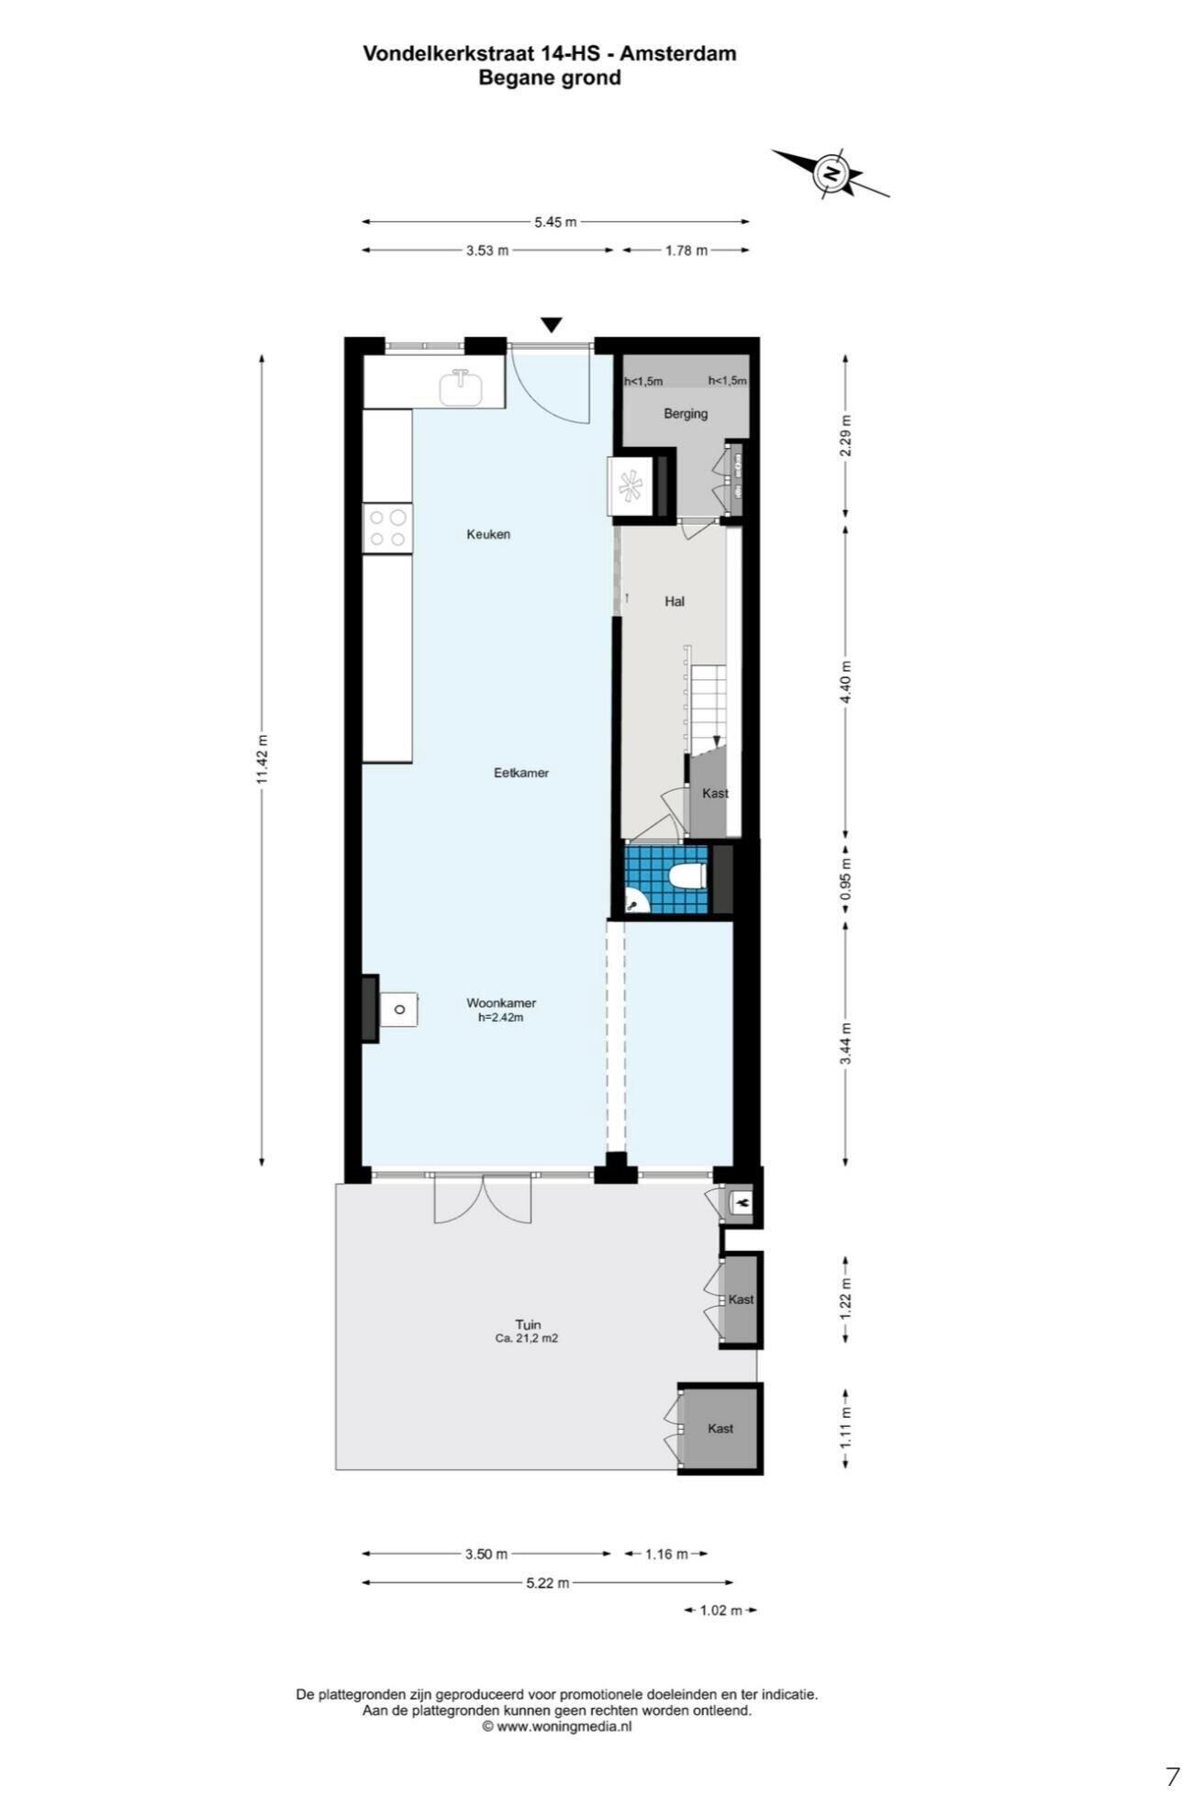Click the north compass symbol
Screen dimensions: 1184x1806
coord(830,173)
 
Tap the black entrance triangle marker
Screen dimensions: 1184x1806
coord(551,325)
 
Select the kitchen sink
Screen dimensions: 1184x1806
coord(460,387)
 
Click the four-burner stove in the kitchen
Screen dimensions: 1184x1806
coord(387,528)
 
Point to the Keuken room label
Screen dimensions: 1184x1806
coord(488,534)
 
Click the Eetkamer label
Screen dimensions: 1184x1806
coord(521,773)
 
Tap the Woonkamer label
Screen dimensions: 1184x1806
coord(501,1003)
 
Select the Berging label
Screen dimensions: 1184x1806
coord(686,414)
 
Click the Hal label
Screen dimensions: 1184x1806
coord(675,602)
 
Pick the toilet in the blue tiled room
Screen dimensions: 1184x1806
coord(687,877)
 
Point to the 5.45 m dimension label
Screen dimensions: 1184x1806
coord(555,221)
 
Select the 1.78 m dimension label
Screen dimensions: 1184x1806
coord(687,250)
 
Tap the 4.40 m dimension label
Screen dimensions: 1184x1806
coord(845,682)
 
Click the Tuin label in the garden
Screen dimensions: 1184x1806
coord(528,1324)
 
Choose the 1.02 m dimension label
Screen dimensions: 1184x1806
coord(721,1610)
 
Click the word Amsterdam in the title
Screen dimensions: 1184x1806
coord(678,53)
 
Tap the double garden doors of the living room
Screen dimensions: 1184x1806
coord(483,1198)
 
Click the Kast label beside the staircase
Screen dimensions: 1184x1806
coord(715,793)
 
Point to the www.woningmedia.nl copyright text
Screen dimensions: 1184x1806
coord(557,1726)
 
